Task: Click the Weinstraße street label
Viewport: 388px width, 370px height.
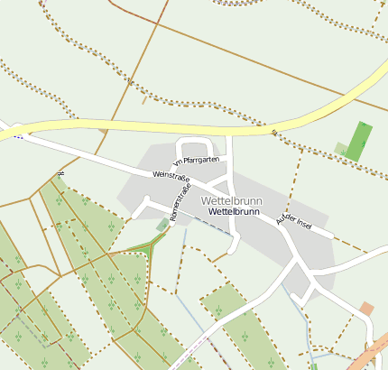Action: [171, 175]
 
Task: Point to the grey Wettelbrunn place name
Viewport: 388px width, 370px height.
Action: [232, 199]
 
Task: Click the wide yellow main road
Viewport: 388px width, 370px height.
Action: [180, 125]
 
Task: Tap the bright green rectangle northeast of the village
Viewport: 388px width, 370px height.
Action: [358, 141]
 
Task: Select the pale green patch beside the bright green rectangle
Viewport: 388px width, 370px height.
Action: [340, 148]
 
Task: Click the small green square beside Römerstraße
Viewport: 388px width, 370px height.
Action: [162, 224]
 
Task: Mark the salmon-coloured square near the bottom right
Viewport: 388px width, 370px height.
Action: [366, 309]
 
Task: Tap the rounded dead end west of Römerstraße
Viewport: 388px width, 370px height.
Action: [135, 215]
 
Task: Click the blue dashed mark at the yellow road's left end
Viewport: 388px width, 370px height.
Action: [18, 136]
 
